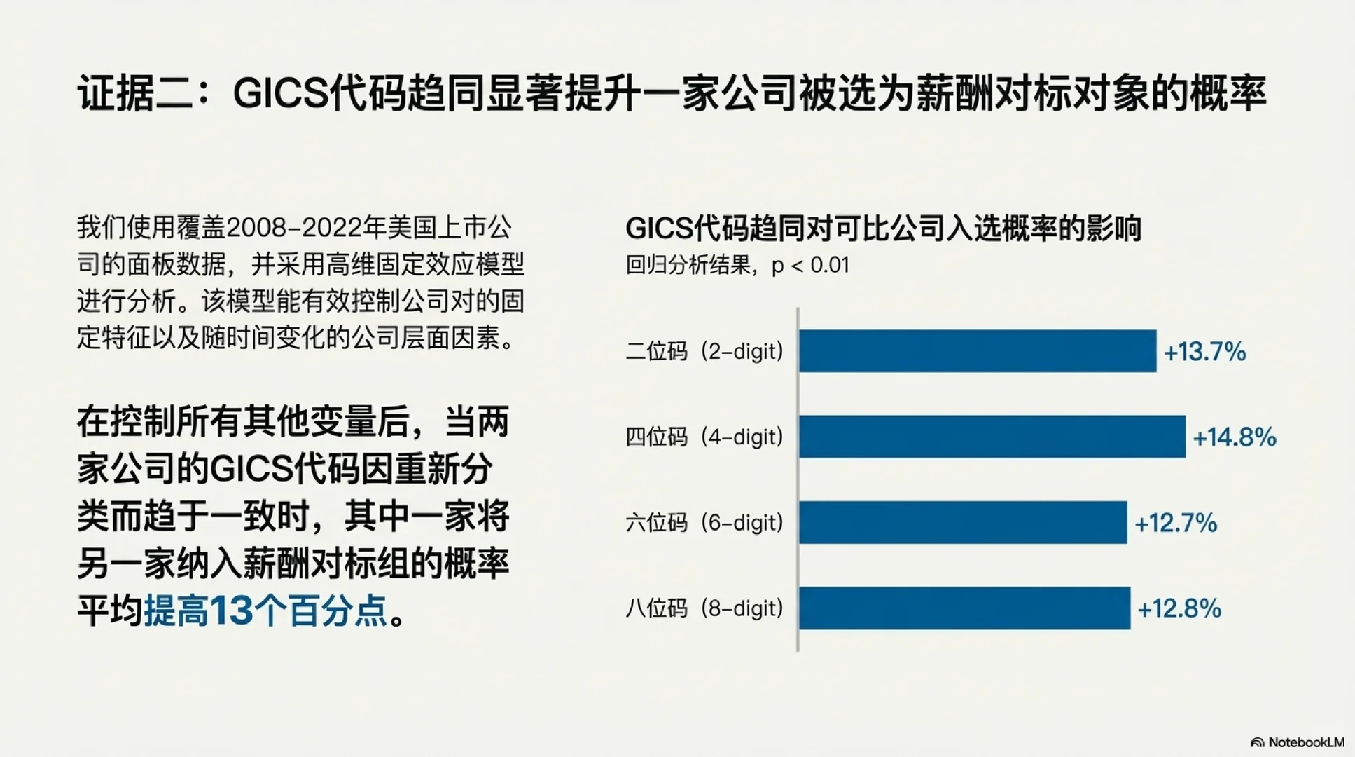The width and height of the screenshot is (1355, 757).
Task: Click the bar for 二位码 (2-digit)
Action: [x=977, y=351]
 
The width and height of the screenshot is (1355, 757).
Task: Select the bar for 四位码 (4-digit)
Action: [x=992, y=437]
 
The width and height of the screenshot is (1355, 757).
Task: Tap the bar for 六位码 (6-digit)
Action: [x=962, y=522]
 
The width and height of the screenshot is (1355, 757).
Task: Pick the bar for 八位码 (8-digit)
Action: [x=964, y=608]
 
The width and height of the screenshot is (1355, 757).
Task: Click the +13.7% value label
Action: [x=1204, y=351]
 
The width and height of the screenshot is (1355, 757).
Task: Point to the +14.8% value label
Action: [x=1234, y=437]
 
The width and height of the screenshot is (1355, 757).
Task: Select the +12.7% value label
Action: [x=1175, y=523]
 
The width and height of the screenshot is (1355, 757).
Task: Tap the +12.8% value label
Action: [x=1179, y=608]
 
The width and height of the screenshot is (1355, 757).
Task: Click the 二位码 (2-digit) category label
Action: [x=704, y=351]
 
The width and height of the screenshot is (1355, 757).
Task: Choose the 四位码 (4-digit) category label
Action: [x=704, y=437]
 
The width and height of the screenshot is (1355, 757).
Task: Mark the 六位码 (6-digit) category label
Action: [x=704, y=523]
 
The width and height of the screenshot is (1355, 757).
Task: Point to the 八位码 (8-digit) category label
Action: [x=704, y=608]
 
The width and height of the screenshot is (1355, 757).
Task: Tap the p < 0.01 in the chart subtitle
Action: [x=809, y=266]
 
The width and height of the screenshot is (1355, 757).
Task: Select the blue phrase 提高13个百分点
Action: [x=265, y=611]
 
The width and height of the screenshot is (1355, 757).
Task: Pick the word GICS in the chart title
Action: [x=658, y=229]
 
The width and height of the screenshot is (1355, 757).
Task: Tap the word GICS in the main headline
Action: [x=280, y=93]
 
